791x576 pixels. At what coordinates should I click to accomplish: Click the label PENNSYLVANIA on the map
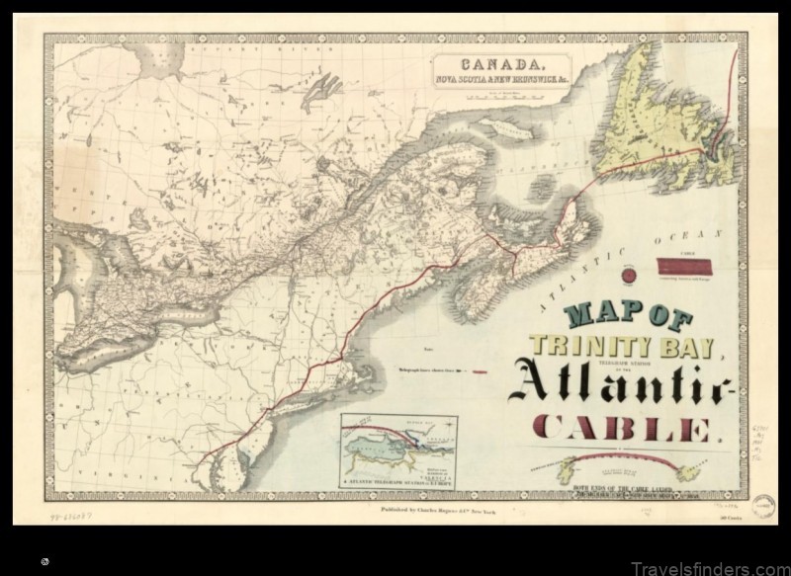148,415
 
